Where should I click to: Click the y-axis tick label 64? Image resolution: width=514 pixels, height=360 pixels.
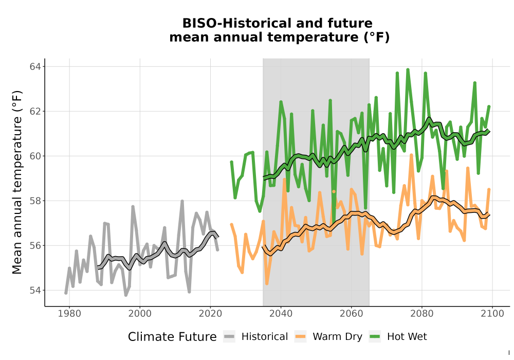(x=35, y=67)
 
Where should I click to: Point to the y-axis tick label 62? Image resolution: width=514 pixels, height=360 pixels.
(x=35, y=112)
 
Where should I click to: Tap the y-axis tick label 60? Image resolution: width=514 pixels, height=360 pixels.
(x=35, y=156)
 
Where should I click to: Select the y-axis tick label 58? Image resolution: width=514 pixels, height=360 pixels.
(x=35, y=201)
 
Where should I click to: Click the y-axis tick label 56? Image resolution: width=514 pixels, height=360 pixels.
(x=35, y=246)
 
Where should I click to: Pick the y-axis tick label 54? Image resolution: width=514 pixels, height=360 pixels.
(x=35, y=291)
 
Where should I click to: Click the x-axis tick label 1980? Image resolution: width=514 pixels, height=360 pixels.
(x=69, y=314)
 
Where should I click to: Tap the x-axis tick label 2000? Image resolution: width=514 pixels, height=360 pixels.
(x=140, y=314)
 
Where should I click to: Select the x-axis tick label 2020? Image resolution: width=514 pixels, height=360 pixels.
(x=210, y=314)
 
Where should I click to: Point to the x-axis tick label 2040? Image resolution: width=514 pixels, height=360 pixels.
(x=281, y=314)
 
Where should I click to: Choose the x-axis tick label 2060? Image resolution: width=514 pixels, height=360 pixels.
(x=352, y=314)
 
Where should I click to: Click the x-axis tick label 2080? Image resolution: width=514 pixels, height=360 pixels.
(x=422, y=314)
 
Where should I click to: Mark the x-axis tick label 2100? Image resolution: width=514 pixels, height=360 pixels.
(x=492, y=314)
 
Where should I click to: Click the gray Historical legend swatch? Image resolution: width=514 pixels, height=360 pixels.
(x=229, y=337)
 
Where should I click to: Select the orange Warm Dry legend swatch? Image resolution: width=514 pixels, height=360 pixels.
(x=300, y=337)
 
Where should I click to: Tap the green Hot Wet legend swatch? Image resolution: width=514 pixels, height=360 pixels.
(x=375, y=337)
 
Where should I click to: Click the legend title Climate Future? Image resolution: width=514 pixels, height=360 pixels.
(x=172, y=337)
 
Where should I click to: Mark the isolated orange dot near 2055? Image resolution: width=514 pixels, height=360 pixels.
(x=334, y=191)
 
